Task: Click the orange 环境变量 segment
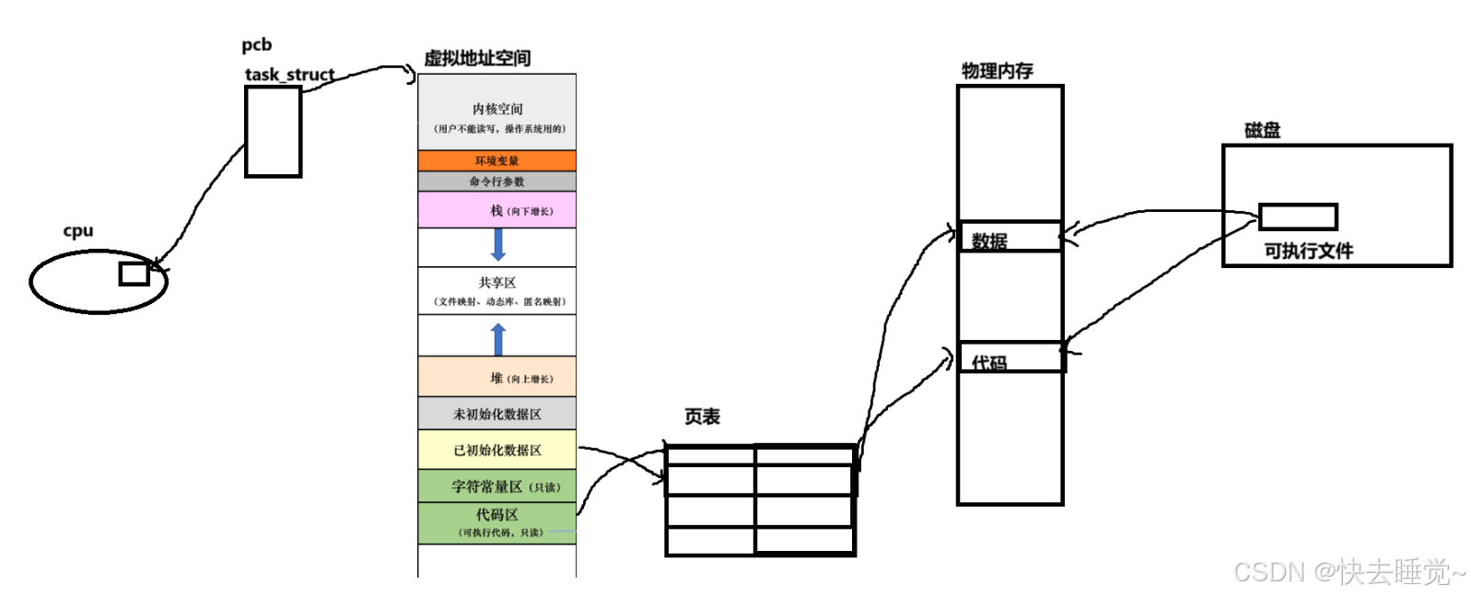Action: (x=496, y=160)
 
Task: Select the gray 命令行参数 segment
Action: (x=496, y=181)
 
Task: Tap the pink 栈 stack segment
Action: (x=496, y=210)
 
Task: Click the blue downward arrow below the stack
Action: (x=498, y=244)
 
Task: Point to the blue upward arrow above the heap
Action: (x=498, y=339)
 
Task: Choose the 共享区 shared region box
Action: (x=496, y=291)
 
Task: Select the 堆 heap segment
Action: (x=496, y=377)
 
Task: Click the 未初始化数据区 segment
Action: (x=496, y=414)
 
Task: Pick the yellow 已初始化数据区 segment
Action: (x=496, y=450)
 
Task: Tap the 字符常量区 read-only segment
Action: (x=496, y=486)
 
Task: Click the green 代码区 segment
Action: (x=496, y=522)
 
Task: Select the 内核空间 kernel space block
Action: (x=496, y=112)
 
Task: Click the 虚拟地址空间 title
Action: (x=477, y=58)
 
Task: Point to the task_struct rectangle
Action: (x=273, y=132)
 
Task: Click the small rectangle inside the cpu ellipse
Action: (x=134, y=274)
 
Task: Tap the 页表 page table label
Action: (x=702, y=416)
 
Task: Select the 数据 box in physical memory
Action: (x=1010, y=237)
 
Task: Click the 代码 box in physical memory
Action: (x=1010, y=357)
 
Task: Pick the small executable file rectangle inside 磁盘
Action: (x=1297, y=217)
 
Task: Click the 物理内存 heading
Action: (x=997, y=71)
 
